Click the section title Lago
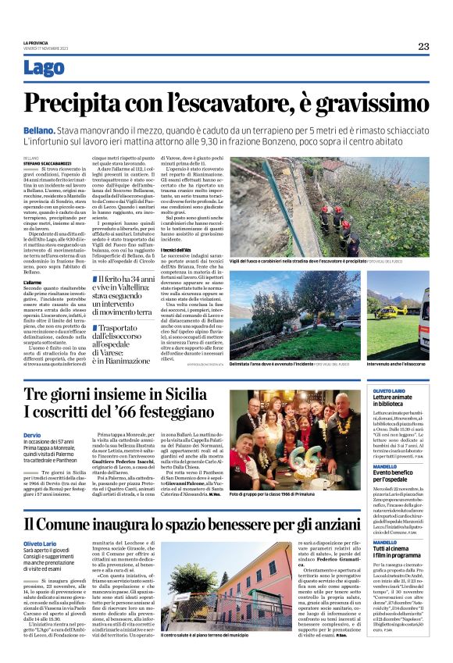44,69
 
